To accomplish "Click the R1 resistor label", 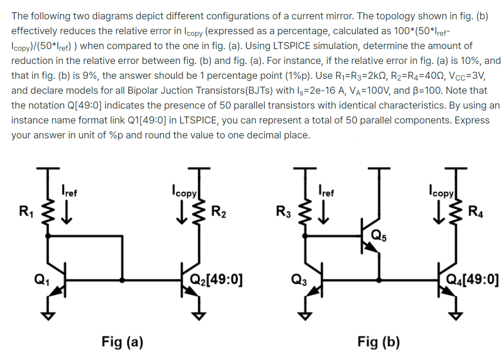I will [x=25, y=211].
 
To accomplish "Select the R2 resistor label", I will [x=218, y=211].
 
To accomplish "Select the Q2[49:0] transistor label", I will [x=216, y=278].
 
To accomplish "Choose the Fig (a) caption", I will [x=122, y=342].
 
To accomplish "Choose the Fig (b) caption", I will [x=378, y=342].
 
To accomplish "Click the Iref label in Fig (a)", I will [x=70, y=193].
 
